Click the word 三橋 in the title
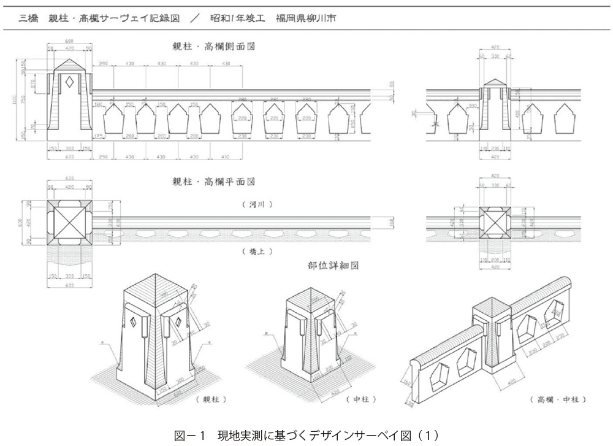[28, 18]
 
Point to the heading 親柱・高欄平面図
[213, 182]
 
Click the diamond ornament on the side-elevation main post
[69, 80]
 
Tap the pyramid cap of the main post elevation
[69, 64]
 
